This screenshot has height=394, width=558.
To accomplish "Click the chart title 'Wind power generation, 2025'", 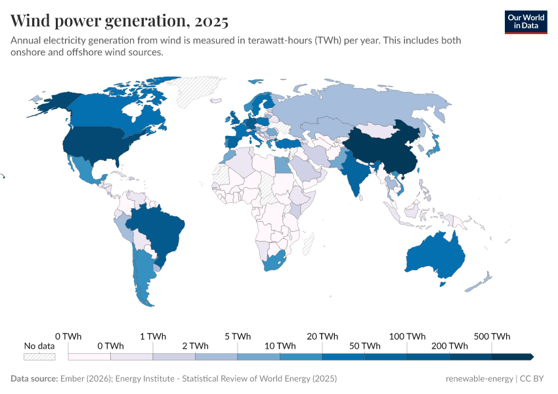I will click(x=119, y=21).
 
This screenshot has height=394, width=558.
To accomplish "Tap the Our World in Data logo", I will click(x=525, y=21).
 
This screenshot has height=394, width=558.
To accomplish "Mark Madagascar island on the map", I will click(x=307, y=246).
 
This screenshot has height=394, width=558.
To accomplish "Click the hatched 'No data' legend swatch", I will click(x=39, y=357).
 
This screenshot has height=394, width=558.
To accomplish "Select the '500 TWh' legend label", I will click(x=492, y=336).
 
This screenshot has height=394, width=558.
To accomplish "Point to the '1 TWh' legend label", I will click(x=153, y=336).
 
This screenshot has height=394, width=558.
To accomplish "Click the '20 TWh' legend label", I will click(x=322, y=336).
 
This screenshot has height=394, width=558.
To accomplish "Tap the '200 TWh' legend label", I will click(x=450, y=346).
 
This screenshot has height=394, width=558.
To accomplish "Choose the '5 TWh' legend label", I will click(x=238, y=336).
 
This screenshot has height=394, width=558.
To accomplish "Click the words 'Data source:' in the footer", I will click(x=33, y=379).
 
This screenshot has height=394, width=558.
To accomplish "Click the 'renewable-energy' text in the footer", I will click(x=479, y=379).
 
